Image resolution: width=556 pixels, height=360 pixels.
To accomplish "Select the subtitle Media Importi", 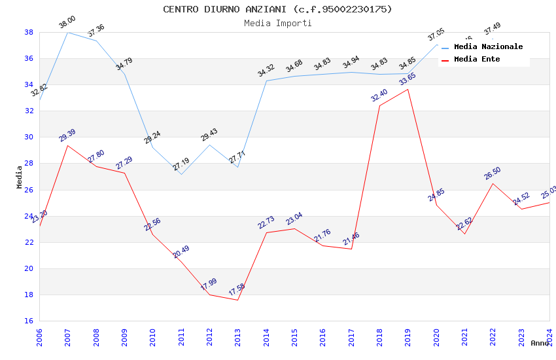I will pos(277,24).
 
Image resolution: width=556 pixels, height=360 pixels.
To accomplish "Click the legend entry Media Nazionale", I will pos(488,47).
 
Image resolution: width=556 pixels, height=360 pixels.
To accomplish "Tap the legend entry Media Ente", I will pos(477,60).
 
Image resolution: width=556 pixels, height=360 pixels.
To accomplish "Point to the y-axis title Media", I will pos(19,177).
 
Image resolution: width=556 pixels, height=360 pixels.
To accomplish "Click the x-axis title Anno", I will pos(540,343).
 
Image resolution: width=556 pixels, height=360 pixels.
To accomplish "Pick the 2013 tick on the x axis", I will pos(237,337).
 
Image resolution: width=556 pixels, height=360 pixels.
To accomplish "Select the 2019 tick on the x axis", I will pos(408,337).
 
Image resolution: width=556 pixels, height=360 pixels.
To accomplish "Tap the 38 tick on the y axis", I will pos(29,32).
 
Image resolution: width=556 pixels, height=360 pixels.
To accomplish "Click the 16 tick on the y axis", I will pos(29,321).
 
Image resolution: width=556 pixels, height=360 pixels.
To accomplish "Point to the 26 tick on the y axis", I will pos(29,190).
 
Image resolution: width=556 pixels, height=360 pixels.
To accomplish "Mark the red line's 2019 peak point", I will pos(408,89).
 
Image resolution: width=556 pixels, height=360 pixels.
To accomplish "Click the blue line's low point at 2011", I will pos(181,174).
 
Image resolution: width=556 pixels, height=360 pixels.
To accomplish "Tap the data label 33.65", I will pos(408,79).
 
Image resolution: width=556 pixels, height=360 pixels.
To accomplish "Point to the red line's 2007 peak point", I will pos(68,145).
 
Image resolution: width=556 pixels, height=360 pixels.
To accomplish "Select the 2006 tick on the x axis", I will pos(39,337).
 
